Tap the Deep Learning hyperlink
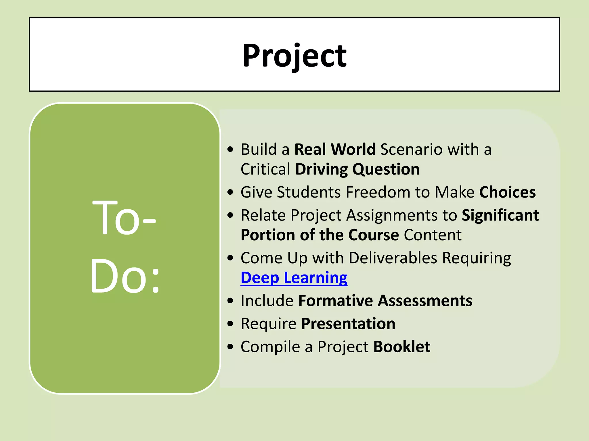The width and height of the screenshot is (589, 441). (294, 278)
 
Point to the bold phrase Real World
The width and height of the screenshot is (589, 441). (335, 150)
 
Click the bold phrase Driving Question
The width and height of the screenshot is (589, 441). (357, 169)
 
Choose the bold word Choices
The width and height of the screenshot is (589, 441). (507, 192)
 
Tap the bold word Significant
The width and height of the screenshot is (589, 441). (500, 215)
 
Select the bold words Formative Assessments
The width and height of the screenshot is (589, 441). (385, 301)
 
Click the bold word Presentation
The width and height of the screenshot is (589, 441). (348, 324)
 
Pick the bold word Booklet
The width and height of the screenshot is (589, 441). (401, 347)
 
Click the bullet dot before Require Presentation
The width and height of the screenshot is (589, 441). (230, 324)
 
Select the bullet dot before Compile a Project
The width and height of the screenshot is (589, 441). (230, 347)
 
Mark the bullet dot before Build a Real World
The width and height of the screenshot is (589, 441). (230, 150)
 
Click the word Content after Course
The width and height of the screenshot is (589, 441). (433, 235)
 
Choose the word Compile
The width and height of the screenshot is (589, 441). (270, 347)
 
